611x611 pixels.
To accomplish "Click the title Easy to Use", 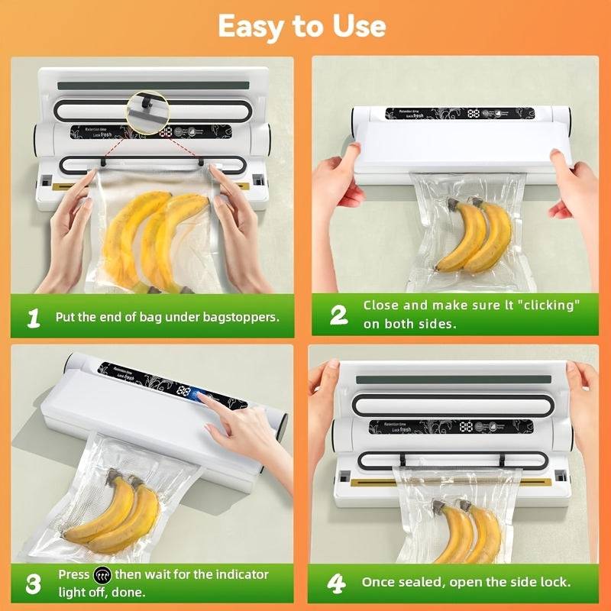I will (302, 26).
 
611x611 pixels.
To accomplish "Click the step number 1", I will (33, 317).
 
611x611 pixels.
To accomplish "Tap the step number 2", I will (338, 315).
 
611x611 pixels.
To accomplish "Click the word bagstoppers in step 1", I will (240, 316).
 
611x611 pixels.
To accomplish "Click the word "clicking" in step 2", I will (545, 305).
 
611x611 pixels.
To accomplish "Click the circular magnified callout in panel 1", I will (147, 107).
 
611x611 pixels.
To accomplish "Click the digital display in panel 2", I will (474, 113).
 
